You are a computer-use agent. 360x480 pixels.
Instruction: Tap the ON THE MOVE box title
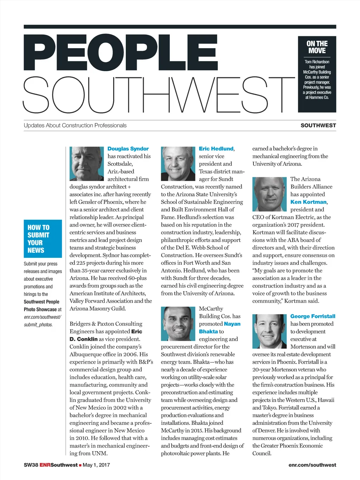click(x=317, y=47)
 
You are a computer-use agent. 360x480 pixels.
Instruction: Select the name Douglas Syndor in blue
click(x=128, y=149)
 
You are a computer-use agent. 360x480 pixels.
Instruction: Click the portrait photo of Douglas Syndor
click(x=87, y=164)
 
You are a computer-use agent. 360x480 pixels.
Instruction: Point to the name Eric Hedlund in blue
click(x=216, y=149)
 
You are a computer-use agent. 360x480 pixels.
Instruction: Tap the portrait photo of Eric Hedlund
click(x=178, y=164)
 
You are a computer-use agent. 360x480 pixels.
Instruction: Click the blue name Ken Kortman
click(x=308, y=202)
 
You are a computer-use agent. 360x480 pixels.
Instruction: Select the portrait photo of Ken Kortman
click(x=270, y=194)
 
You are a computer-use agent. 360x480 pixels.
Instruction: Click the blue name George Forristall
click(x=313, y=316)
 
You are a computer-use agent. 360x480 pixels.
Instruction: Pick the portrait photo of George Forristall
click(x=270, y=331)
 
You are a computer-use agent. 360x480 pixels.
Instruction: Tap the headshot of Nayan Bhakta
click(x=178, y=324)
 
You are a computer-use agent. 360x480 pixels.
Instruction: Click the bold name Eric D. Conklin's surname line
click(x=84, y=339)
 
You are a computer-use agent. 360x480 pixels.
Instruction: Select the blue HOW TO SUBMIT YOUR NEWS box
click(x=43, y=239)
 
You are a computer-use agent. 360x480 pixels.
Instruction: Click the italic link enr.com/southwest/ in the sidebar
click(x=42, y=317)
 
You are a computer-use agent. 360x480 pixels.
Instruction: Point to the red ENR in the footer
click(x=45, y=465)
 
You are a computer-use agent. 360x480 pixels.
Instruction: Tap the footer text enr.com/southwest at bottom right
click(x=312, y=465)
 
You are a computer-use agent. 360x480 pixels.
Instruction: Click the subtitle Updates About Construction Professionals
click(x=75, y=125)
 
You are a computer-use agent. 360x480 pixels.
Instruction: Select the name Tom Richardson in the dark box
click(x=317, y=62)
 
